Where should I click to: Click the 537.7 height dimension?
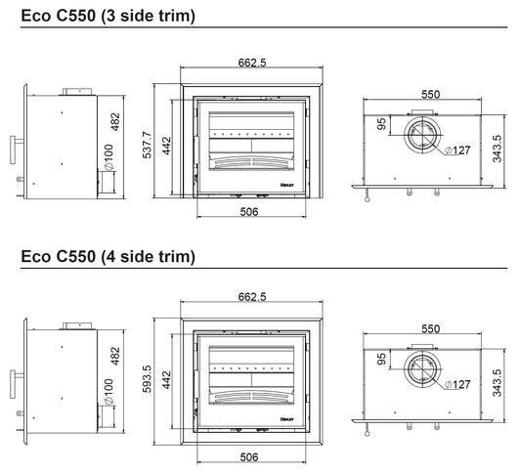click(147, 145)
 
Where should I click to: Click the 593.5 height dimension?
click(147, 379)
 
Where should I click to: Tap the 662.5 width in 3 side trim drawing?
click(252, 63)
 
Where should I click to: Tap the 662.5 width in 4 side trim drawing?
click(252, 297)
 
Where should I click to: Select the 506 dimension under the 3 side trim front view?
click(249, 211)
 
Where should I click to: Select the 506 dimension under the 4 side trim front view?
click(249, 457)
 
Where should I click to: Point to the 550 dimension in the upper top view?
click(431, 95)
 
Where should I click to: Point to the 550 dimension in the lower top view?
click(431, 328)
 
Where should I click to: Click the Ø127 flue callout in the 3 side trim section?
click(457, 151)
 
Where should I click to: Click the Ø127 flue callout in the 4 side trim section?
click(457, 384)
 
